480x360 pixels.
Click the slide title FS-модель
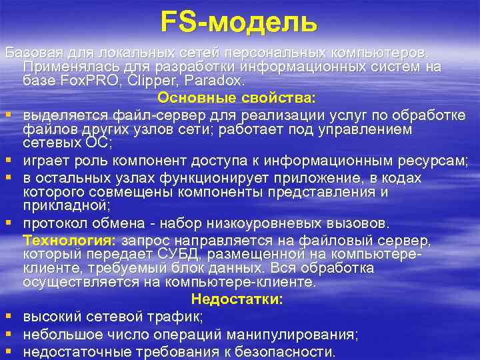pos(239,21)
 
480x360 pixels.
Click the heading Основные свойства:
pos(237,98)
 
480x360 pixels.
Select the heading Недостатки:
pos(237,299)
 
